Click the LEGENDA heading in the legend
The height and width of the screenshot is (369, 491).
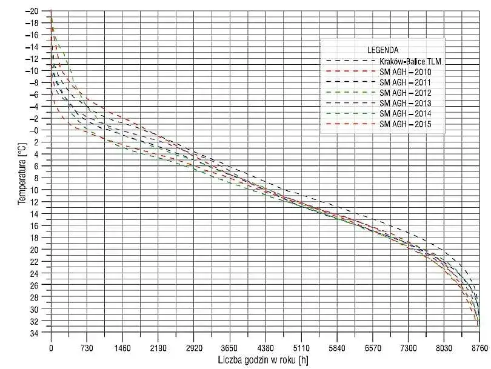coord(382,49)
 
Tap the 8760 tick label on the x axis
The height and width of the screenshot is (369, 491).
coord(479,348)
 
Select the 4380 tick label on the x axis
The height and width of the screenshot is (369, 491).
coord(265,348)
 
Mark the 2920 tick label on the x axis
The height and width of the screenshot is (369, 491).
coord(194,348)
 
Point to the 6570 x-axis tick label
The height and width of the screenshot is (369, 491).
coord(372,348)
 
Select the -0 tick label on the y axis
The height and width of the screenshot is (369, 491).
coord(35,130)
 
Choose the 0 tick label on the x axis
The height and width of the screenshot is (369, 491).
coord(51,348)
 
